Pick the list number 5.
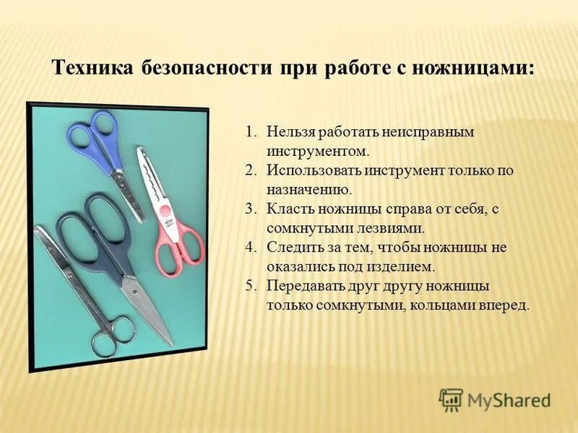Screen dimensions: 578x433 tap(250, 285)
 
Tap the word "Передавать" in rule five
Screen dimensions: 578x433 tap(302, 285)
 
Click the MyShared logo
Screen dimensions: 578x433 tap(494, 399)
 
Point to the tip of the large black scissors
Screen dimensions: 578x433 tap(169, 343)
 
